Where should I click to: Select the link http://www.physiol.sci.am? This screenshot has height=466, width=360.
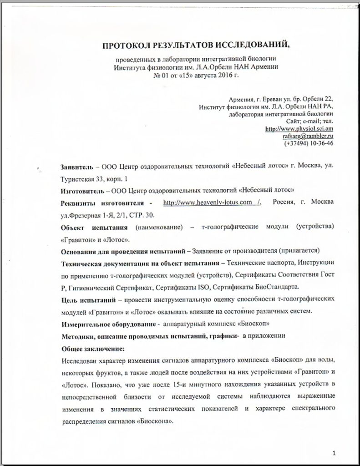pos(300,129)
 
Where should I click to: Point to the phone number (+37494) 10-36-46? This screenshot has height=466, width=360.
pos(309,143)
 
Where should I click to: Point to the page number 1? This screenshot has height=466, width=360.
pos(334,453)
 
